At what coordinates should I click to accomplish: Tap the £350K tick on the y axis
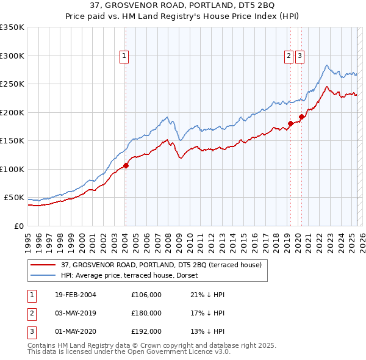coord(12,27)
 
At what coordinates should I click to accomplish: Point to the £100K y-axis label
coord(12,169)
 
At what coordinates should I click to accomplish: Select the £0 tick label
coord(20,226)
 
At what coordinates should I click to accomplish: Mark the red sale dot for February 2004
coord(126,165)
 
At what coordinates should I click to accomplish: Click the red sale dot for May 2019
coord(290,124)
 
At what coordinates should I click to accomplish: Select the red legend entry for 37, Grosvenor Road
coord(161,265)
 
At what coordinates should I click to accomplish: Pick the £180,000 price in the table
coord(146,313)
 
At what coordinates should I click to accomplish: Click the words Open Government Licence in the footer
coord(168,352)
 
